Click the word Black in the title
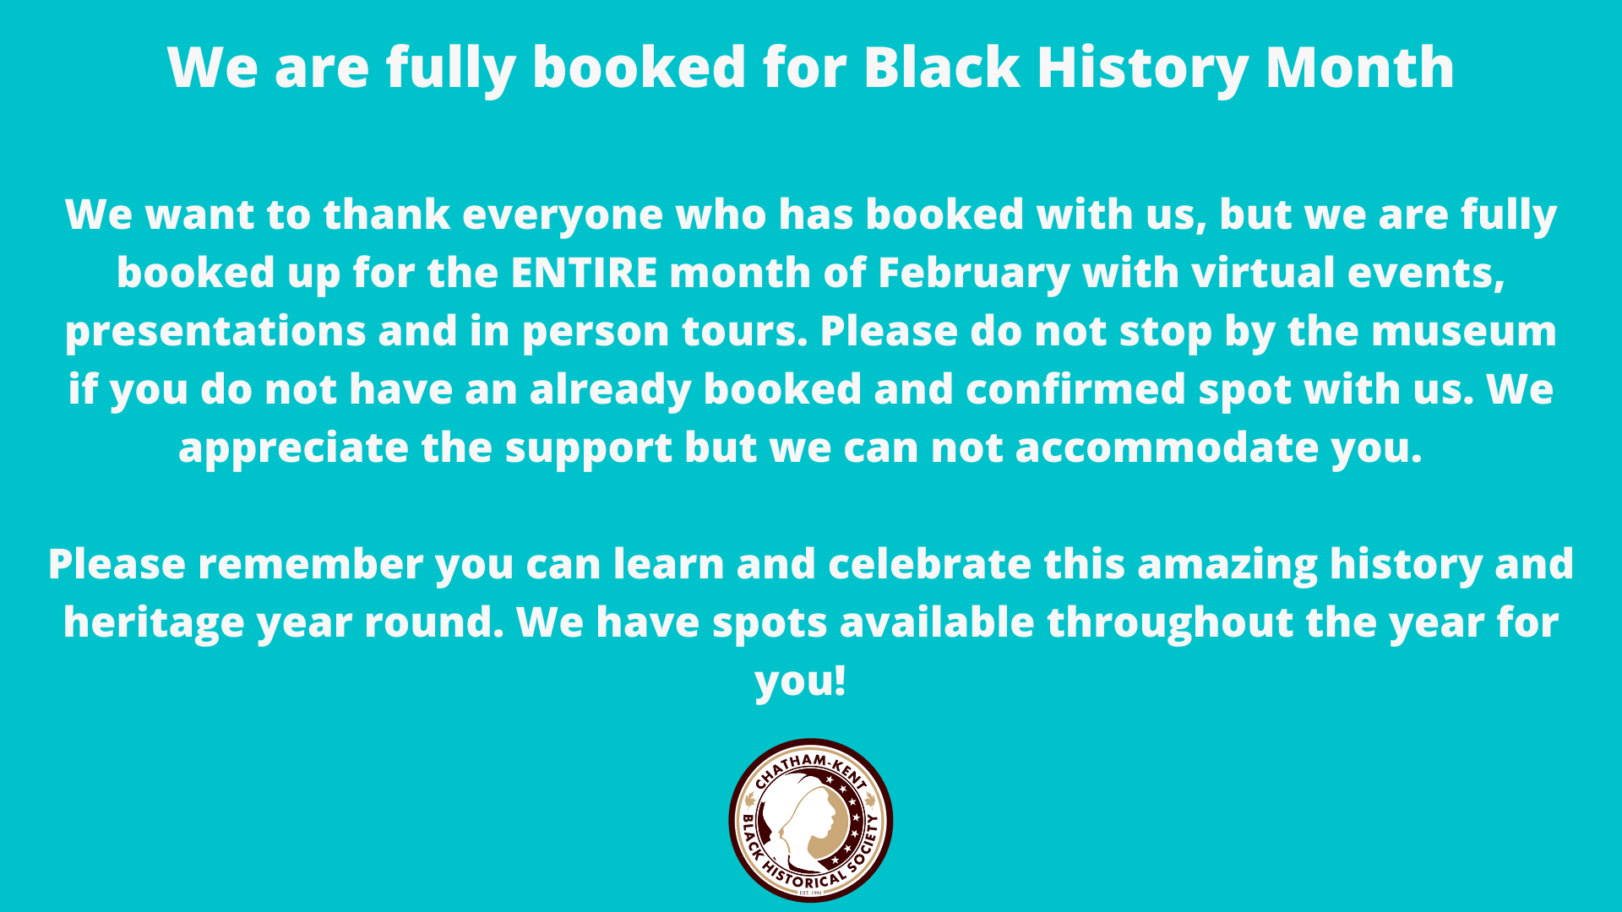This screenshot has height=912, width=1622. click(x=942, y=68)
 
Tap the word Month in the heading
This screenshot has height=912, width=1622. click(x=1360, y=68)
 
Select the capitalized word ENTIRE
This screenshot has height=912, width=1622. click(x=584, y=273)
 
